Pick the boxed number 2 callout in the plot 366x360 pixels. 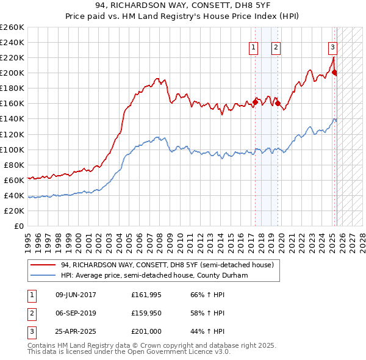pyautogui.click(x=276, y=48)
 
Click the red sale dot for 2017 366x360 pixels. pyautogui.click(x=254, y=102)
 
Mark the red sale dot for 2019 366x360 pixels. pyautogui.click(x=278, y=103)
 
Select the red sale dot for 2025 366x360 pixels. pyautogui.click(x=335, y=72)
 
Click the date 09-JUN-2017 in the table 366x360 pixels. pyautogui.click(x=76, y=295)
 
